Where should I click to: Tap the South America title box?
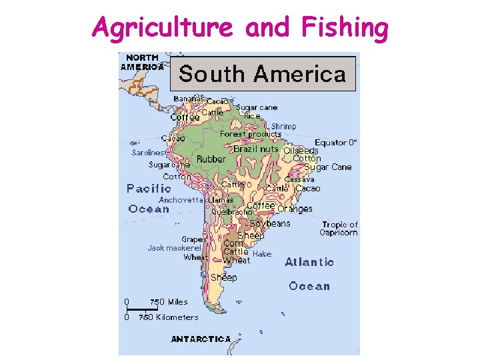(263, 73)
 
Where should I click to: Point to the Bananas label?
(189, 99)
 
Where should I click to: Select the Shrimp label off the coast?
(283, 127)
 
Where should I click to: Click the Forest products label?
(251, 134)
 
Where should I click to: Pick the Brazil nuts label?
(256, 149)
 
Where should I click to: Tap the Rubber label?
(211, 159)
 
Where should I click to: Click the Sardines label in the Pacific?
(147, 153)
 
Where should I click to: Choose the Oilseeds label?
(301, 151)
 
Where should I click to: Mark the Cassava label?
(299, 179)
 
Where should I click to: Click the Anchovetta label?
(181, 200)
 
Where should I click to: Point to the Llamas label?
(221, 200)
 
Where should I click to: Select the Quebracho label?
(231, 211)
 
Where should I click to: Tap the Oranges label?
(294, 209)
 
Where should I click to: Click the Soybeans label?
(269, 224)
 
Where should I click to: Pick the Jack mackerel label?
(174, 248)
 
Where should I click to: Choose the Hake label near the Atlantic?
(262, 254)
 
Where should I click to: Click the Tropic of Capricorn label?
(339, 229)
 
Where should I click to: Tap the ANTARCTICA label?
(201, 339)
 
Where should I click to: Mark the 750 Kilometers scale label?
(168, 317)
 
